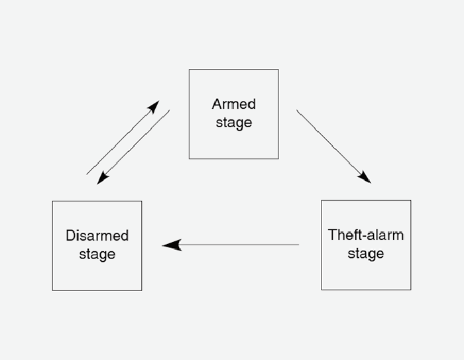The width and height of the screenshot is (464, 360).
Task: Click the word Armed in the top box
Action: click(233, 104)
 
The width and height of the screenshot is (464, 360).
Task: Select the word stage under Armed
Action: click(233, 123)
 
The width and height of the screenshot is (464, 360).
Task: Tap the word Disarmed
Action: click(97, 235)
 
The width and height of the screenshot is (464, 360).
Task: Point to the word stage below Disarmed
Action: click(97, 255)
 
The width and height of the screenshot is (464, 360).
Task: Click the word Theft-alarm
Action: click(366, 235)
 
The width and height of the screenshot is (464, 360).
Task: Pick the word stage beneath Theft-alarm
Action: click(366, 254)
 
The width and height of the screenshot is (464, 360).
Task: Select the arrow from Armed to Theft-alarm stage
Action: click(333, 146)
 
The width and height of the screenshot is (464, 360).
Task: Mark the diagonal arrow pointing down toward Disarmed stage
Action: click(133, 147)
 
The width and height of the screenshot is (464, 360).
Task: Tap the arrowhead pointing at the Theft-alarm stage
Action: click(365, 178)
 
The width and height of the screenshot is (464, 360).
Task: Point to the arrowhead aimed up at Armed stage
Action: click(154, 106)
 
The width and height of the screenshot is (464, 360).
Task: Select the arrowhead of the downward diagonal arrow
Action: click(101, 178)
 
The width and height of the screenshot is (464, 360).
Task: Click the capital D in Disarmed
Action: click(70, 235)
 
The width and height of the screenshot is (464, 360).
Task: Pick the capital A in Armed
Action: click(216, 104)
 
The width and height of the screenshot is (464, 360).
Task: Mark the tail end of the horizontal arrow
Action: click(298, 245)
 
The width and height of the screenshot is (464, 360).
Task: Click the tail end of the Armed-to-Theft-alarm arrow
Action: click(298, 111)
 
